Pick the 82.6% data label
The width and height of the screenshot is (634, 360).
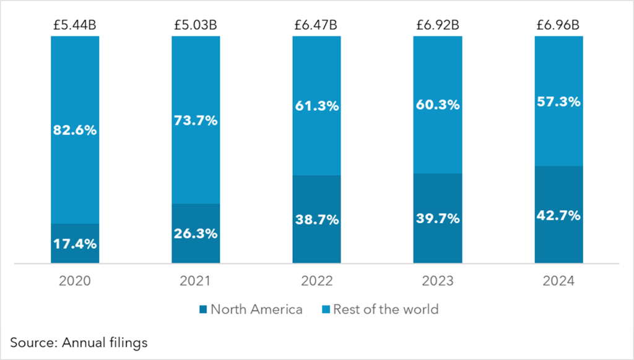click(x=75, y=131)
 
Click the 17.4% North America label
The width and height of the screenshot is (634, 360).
click(x=75, y=244)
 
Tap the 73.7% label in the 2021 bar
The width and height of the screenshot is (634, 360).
click(x=196, y=120)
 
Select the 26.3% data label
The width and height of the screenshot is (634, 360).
click(x=196, y=234)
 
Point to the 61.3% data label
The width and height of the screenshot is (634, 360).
click(x=316, y=106)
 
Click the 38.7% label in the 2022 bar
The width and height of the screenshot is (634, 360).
click(x=316, y=219)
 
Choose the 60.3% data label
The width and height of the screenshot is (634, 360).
click(x=438, y=105)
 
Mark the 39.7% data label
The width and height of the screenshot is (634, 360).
click(x=438, y=218)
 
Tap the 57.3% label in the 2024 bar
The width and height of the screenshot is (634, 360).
click(x=558, y=102)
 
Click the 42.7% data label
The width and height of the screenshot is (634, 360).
click(x=558, y=215)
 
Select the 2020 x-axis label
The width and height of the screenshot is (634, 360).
click(x=75, y=281)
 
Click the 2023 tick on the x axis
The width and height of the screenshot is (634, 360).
click(x=438, y=281)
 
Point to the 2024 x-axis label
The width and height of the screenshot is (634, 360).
click(x=558, y=281)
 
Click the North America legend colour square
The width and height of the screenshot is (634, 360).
click(x=202, y=309)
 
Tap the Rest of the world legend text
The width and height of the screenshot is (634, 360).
click(x=386, y=309)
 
